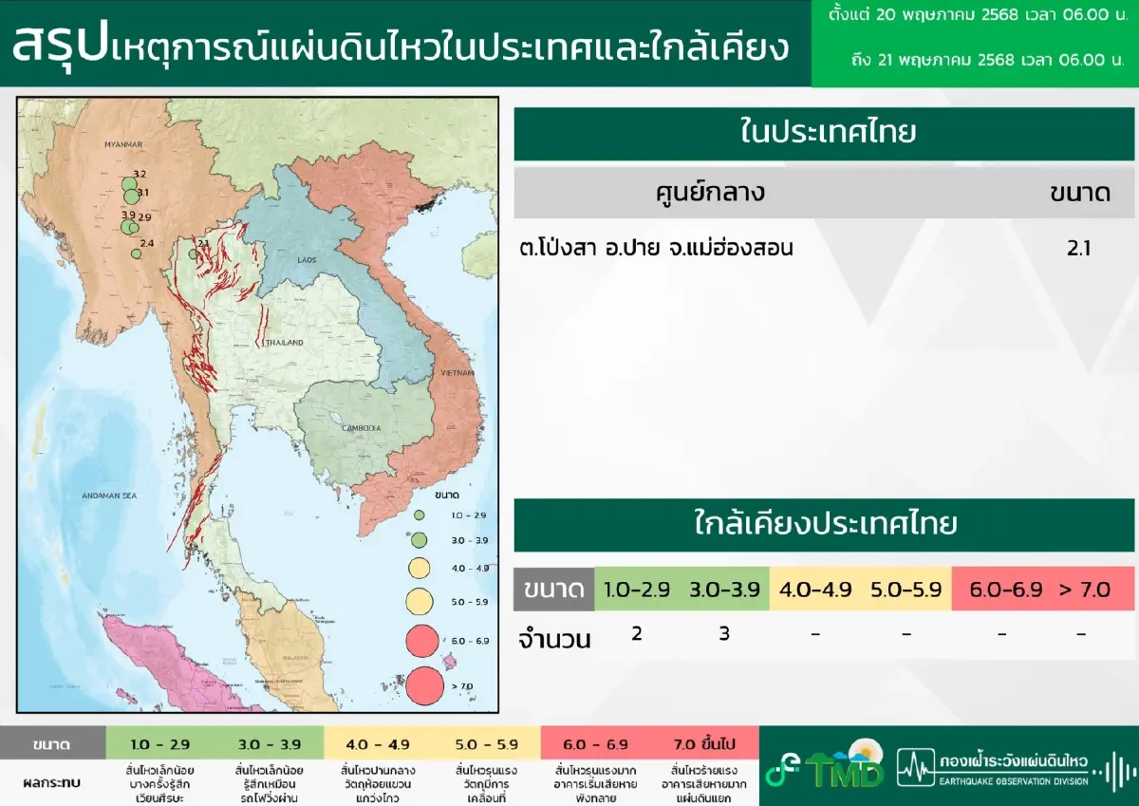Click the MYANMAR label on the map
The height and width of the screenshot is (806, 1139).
(123, 144)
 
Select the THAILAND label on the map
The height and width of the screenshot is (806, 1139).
(284, 342)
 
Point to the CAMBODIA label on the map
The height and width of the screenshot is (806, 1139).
(362, 428)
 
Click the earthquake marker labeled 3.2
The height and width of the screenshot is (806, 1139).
(129, 183)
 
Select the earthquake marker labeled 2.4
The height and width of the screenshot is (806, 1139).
(137, 253)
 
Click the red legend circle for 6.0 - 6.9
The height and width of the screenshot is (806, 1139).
(420, 642)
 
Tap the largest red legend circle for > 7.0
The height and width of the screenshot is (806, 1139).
(424, 684)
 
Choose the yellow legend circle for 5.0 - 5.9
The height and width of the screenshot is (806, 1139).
(419, 601)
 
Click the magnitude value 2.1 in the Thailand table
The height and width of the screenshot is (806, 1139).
(1079, 249)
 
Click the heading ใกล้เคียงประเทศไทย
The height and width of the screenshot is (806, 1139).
(826, 525)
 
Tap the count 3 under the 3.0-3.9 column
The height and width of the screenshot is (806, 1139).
(724, 633)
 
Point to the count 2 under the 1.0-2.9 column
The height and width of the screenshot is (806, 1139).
(636, 633)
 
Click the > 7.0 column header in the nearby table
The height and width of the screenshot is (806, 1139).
(1084, 590)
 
